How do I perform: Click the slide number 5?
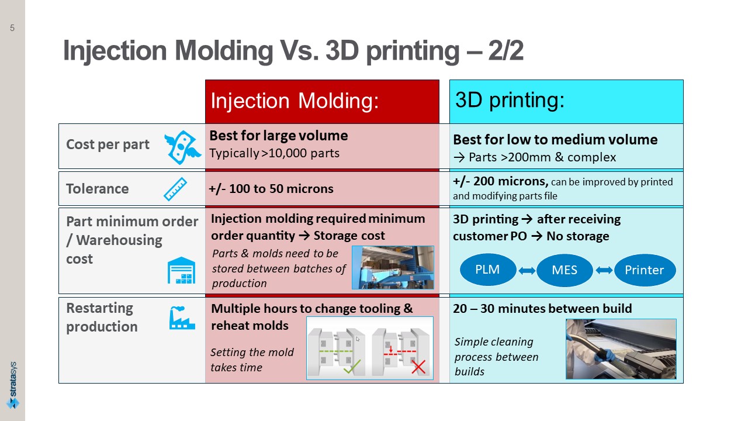[x=12, y=27]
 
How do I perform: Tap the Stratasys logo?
[x=13, y=385]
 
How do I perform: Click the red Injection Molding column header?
[x=322, y=102]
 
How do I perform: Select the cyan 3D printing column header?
[x=566, y=102]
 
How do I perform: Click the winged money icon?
[x=182, y=147]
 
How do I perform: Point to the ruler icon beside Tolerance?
[x=175, y=189]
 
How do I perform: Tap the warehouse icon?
[x=181, y=270]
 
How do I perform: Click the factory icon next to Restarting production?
[x=182, y=318]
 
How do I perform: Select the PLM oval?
[x=488, y=270]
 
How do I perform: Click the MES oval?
[x=565, y=270]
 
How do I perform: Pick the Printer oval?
[x=645, y=270]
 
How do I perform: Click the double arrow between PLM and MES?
[x=527, y=271]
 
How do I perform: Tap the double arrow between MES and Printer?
[x=604, y=270]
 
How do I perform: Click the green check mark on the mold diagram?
[x=352, y=367]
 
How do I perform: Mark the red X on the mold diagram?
[x=418, y=367]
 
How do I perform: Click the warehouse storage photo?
[x=393, y=268]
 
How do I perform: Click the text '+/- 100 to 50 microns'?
[x=271, y=189]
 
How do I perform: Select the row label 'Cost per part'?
[x=108, y=144]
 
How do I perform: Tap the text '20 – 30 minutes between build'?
[x=542, y=308]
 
